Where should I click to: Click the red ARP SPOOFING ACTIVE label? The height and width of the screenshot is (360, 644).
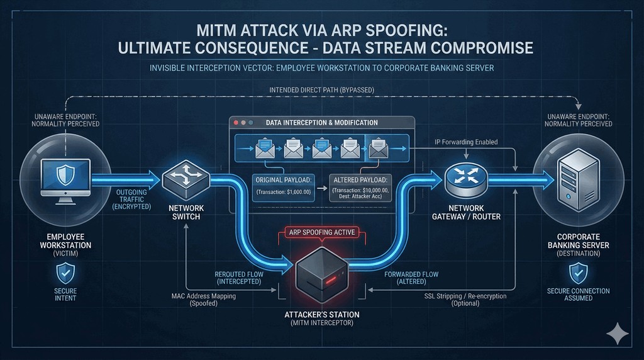click(321, 232)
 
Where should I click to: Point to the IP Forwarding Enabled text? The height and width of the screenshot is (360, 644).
click(466, 142)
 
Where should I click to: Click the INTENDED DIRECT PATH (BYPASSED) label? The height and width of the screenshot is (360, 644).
click(321, 90)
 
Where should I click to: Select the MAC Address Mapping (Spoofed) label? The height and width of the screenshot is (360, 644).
click(203, 300)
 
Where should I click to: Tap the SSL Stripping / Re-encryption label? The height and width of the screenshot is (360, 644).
click(465, 300)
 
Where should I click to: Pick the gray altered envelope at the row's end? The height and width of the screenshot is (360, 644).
click(379, 149)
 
